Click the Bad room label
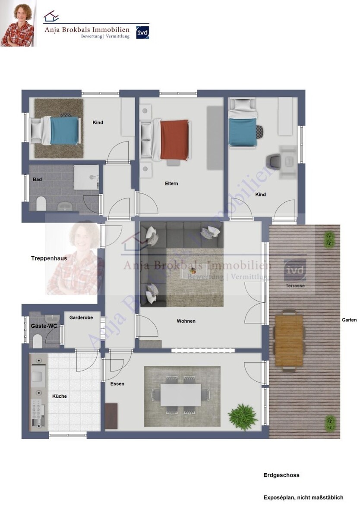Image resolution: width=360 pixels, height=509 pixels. (37, 179)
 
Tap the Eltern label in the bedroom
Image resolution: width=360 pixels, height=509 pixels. (171, 184)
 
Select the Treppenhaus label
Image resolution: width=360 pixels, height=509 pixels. (49, 258)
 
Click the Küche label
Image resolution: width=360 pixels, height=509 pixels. (60, 396)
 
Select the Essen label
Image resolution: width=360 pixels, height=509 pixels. (117, 384)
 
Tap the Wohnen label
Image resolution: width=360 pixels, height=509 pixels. (186, 321)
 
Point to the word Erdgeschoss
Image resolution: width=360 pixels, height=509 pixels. (281, 475)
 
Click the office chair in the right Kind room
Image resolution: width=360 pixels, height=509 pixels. (275, 161)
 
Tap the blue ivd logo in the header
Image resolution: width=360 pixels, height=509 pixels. (142, 32)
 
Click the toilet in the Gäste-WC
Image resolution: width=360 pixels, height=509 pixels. (38, 342)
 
